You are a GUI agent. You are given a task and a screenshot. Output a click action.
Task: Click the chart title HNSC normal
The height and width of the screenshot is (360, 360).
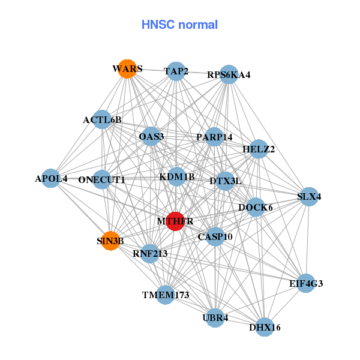(179, 25)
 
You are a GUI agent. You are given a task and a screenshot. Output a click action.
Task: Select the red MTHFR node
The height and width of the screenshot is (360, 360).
(175, 221)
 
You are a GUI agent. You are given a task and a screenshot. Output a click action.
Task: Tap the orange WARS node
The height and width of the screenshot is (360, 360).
(126, 69)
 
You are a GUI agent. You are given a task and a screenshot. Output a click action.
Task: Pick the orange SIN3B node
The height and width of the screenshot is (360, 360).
(110, 241)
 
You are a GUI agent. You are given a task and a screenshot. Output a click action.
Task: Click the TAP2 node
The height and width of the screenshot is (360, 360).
(175, 71)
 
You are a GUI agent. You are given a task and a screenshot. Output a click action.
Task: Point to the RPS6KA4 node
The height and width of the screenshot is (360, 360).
(229, 75)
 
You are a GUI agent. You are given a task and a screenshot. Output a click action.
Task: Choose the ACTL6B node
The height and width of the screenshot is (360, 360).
(103, 119)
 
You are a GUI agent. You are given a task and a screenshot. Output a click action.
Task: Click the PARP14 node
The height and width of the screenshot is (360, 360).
(214, 137)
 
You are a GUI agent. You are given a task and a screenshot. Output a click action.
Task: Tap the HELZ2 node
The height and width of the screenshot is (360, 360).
(259, 149)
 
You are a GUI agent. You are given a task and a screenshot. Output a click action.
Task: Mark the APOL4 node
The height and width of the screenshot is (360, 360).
(52, 178)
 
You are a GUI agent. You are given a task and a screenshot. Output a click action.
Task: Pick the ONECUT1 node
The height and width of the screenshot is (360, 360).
(102, 179)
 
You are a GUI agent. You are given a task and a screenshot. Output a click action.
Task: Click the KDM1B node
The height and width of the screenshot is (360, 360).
(176, 176)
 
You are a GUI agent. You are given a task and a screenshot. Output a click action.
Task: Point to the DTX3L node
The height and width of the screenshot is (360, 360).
(225, 180)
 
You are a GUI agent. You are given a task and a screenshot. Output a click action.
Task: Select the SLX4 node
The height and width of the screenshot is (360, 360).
(308, 196)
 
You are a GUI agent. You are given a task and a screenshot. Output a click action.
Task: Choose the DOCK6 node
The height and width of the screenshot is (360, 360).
(256, 208)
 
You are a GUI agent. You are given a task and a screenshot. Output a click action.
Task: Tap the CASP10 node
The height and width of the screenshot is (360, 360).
(215, 236)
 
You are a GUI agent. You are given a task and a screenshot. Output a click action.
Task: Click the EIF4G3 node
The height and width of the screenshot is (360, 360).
(307, 283)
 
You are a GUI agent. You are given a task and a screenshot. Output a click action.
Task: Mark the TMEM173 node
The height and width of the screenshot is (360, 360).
(166, 295)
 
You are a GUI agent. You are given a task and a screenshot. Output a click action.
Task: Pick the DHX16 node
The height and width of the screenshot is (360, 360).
(265, 327)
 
